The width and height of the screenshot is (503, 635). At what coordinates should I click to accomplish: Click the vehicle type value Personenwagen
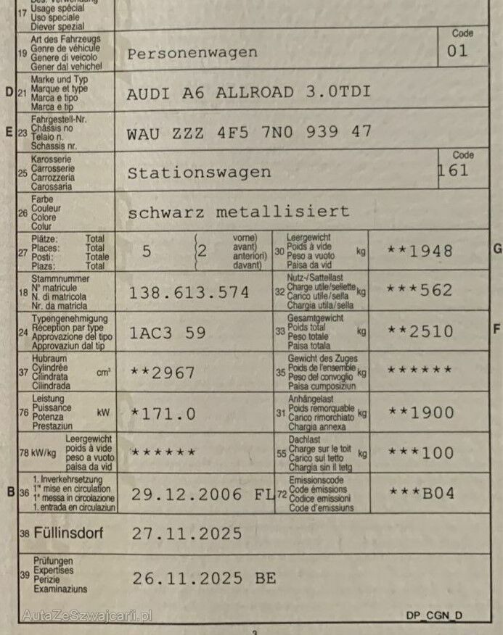coord(192,53)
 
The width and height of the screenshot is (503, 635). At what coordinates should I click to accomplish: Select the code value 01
coord(458,51)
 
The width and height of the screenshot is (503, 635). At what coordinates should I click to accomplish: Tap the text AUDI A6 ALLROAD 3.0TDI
coord(248,93)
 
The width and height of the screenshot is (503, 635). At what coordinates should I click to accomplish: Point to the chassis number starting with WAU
coord(249,132)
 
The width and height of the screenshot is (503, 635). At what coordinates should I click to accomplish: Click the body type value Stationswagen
coord(199,173)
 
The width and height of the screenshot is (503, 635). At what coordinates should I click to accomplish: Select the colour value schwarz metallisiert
coord(238,212)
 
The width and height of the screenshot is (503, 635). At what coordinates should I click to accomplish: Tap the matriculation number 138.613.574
coord(189,292)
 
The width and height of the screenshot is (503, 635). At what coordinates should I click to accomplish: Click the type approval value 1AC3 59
coord(168,333)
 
